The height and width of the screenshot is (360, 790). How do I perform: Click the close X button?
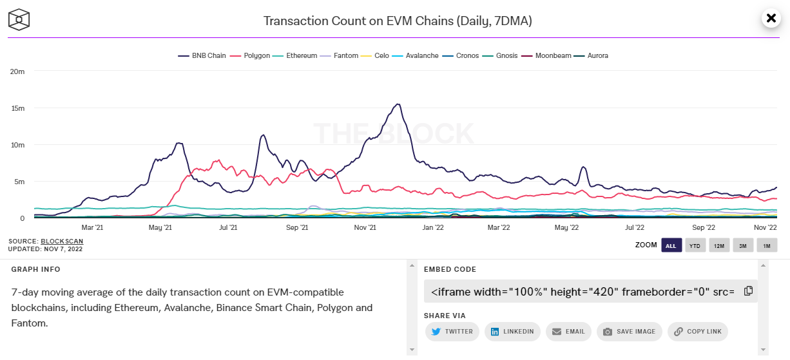coord(771,18)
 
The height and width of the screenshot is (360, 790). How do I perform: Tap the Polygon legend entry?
coord(252,56)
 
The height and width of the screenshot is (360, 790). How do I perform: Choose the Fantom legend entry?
coord(340,56)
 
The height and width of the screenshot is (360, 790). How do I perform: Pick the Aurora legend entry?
coord(593,56)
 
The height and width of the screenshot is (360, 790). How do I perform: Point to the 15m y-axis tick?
coord(17,108)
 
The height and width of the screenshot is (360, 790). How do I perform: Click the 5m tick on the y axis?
coord(19,182)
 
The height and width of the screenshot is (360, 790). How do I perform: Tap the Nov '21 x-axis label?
coord(365,227)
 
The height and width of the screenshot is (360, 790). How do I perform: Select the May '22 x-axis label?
coord(566,227)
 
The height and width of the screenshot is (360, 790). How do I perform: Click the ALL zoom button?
coord(671,245)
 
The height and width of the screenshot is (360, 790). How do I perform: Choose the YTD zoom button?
coord(695,245)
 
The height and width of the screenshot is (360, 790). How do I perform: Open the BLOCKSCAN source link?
coord(62,242)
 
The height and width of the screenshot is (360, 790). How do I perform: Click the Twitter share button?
coord(452,332)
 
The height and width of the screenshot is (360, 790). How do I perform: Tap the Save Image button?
coord(629,332)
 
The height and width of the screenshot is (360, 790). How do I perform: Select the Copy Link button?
coord(698,332)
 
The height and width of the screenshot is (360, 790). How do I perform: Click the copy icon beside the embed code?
coord(748,291)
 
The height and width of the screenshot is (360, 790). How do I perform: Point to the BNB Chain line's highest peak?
coord(398,104)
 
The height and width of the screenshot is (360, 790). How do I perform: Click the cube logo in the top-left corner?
coord(19,19)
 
